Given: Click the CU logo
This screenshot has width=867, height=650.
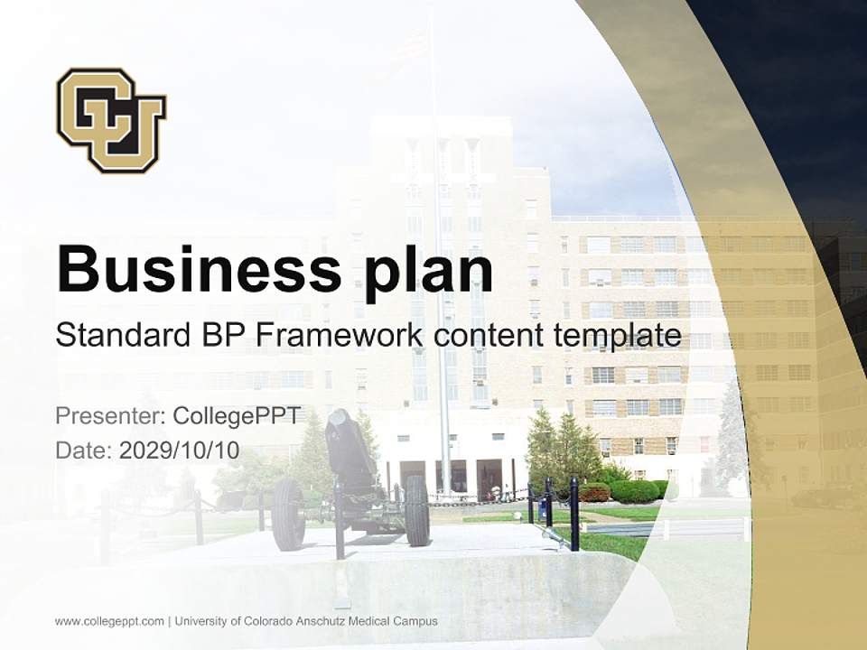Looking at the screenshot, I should point(111,119).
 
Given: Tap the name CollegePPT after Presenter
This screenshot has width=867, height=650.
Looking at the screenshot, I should point(236,416).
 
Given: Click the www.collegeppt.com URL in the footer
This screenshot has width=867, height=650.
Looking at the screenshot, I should point(109,621).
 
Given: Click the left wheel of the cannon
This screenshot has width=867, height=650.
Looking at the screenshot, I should point(287,514).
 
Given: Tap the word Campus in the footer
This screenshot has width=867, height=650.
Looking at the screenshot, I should point(416,621).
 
